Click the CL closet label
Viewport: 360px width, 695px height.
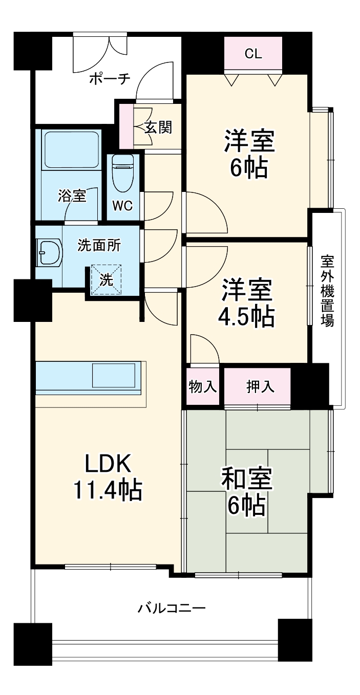point(253,54)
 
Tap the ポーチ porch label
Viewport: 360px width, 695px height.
point(110,79)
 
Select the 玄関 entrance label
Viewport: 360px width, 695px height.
point(158,127)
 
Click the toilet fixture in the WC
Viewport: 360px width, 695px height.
point(123,173)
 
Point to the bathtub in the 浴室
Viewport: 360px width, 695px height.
point(71,150)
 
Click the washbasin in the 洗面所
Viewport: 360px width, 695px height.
point(49,252)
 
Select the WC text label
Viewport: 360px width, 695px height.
point(122,206)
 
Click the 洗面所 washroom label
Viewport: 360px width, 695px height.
point(99,246)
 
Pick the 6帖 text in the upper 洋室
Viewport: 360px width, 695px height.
point(248,168)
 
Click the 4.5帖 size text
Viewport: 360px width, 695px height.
point(246,317)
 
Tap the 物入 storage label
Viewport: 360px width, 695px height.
point(203,386)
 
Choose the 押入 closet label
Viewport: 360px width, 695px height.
point(260,386)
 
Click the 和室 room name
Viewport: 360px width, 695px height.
point(246,479)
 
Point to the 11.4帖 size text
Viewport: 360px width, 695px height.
point(108,490)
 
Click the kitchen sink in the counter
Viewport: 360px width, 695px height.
point(114,375)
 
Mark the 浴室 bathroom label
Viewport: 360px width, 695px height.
point(72,196)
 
